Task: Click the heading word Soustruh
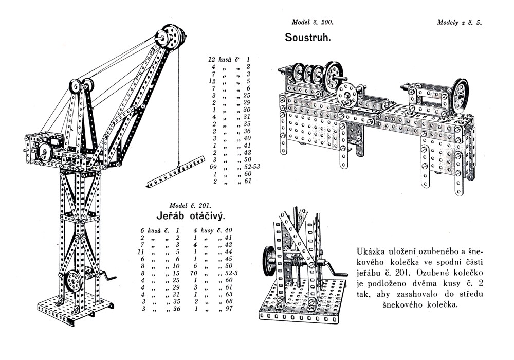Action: pyautogui.click(x=307, y=38)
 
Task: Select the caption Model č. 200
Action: pyautogui.click(x=313, y=22)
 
